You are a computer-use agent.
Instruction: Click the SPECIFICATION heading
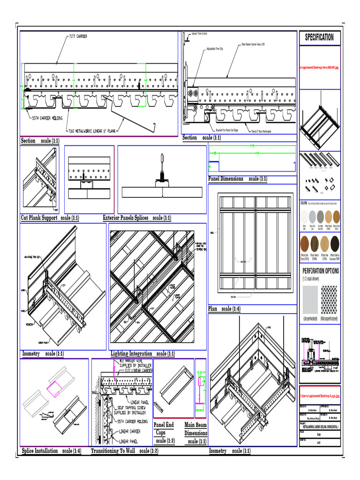click(x=319, y=37)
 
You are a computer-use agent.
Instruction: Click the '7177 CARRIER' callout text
click(x=78, y=36)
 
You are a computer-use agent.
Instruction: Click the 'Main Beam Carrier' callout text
click(x=253, y=44)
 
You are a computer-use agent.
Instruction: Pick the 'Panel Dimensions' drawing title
click(x=226, y=179)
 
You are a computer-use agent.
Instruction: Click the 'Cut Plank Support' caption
click(x=39, y=217)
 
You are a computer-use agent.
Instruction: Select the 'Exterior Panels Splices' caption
click(x=126, y=217)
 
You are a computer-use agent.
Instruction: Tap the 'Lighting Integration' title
click(x=132, y=353)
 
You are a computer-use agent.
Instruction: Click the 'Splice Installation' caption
click(x=40, y=451)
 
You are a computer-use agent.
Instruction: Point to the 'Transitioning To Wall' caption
click(x=113, y=451)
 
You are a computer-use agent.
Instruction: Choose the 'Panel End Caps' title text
click(x=164, y=428)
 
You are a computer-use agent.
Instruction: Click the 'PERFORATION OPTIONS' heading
click(x=321, y=271)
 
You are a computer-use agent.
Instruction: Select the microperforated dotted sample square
click(x=328, y=300)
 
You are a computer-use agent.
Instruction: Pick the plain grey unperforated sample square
click(x=310, y=300)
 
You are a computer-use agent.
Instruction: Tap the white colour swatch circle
click(x=305, y=217)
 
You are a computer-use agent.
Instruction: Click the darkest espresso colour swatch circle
click(x=335, y=244)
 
